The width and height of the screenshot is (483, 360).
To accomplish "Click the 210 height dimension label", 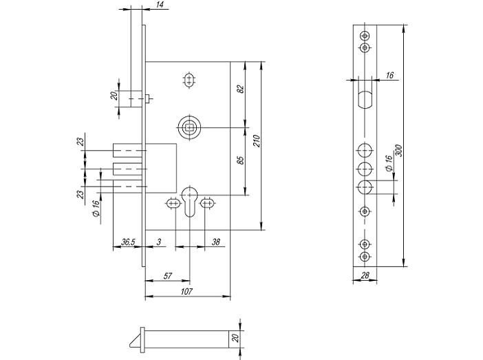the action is [257, 141].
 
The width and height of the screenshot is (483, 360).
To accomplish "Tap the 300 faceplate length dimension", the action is [398, 151].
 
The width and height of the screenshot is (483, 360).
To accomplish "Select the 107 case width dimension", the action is [186, 291].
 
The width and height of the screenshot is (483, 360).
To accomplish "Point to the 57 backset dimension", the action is [168, 275].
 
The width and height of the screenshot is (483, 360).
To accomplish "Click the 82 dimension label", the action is [241, 89].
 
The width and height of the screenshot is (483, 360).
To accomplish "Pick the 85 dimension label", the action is [241, 160].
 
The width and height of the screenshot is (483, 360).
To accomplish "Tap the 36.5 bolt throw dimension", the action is [128, 242].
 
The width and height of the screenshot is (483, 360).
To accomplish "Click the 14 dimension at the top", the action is [160, 4].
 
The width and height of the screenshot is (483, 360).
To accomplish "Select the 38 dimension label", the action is [216, 242].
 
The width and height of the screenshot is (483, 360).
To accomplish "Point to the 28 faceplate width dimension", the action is [365, 275].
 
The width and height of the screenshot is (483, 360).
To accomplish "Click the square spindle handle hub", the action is [189, 127].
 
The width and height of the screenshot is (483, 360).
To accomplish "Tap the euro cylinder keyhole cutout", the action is [189, 201].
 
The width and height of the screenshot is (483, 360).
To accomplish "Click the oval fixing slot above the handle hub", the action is [189, 81].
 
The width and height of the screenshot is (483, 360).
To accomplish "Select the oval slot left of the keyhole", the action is [173, 204].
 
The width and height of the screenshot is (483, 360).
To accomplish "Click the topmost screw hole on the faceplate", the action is [365, 36].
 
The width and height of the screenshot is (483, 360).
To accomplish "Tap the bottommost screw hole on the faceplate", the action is [365, 256].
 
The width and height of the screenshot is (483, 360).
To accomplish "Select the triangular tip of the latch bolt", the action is [136, 341].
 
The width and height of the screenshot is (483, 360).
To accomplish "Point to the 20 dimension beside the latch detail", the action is [235, 338].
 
